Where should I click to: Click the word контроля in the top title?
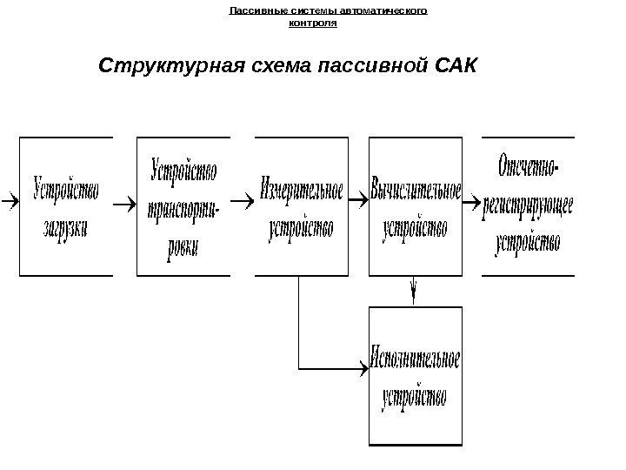tap(312, 23)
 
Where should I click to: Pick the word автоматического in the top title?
tap(390, 12)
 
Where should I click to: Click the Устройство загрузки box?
tap(66, 206)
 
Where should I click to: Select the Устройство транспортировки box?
tap(183, 206)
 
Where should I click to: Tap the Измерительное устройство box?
tap(300, 206)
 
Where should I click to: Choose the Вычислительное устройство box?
tap(416, 206)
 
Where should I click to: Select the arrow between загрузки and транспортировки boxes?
tap(123, 205)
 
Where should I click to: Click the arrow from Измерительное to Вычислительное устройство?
tap(358, 204)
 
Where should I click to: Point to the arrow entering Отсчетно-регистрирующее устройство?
tap(472, 205)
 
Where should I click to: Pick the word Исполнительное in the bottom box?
tap(415, 359)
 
